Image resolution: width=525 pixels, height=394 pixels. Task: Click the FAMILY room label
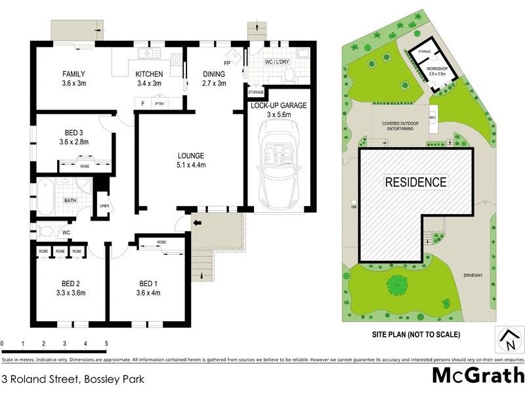74,74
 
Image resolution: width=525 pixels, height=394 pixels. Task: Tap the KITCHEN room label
149,74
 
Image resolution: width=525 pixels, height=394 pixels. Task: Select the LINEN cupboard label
104,206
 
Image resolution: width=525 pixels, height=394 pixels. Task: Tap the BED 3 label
73,132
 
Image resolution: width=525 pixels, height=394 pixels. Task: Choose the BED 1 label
148,284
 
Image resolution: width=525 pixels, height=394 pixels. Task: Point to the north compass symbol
508,339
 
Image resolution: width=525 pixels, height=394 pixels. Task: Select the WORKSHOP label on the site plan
437,68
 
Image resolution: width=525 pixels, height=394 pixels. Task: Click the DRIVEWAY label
472,275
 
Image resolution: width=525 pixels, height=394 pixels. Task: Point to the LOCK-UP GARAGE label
278,105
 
